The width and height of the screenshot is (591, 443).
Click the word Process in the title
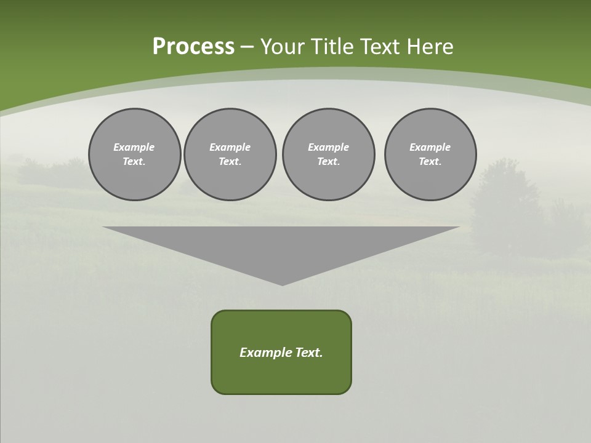(193, 47)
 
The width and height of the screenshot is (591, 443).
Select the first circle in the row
(134, 154)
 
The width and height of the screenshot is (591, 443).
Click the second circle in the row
(230, 154)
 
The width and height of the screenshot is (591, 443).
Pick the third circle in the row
(328, 154)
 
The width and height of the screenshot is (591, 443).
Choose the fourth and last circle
(430, 154)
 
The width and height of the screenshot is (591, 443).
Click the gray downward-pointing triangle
(281, 246)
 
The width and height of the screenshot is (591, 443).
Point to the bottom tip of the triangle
(282, 284)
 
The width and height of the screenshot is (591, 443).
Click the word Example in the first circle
(134, 147)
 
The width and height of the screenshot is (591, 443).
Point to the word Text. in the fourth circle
(430, 162)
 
